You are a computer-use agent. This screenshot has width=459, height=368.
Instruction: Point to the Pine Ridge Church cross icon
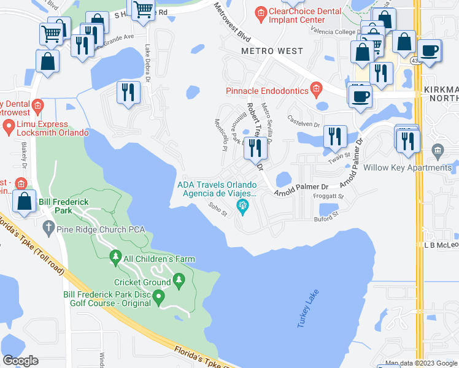(48, 228)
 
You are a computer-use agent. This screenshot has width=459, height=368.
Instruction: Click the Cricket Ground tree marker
(179, 282)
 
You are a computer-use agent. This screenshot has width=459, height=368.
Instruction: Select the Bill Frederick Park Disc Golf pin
(159, 299)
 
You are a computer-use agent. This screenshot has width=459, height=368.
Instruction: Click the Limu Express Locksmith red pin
(9, 127)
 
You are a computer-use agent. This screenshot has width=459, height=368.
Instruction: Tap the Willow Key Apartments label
(416, 167)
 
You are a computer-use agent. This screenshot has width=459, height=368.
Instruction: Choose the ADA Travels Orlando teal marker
(243, 206)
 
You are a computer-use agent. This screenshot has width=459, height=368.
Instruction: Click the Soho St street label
(218, 209)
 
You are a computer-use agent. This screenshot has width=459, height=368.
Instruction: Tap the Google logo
(20, 360)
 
